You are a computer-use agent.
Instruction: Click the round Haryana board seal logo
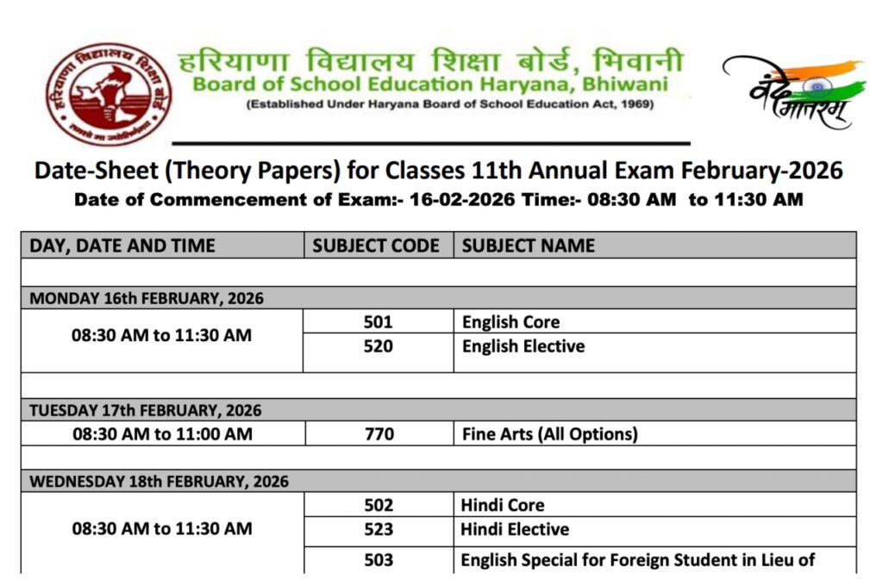click(x=110, y=94)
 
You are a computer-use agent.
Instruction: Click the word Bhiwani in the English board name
click(x=613, y=85)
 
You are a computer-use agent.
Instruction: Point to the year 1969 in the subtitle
click(x=636, y=105)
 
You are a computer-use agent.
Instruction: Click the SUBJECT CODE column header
click(x=376, y=246)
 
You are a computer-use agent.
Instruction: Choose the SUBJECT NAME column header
click(x=529, y=246)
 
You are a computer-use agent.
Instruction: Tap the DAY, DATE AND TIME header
click(x=122, y=246)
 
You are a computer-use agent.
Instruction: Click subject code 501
click(x=378, y=322)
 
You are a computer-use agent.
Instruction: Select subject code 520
click(x=378, y=346)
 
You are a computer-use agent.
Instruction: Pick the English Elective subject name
click(x=523, y=346)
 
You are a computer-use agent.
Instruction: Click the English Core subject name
click(x=511, y=322)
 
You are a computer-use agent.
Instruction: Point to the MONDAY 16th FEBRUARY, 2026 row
click(x=147, y=298)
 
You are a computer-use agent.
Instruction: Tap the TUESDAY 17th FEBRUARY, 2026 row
click(x=146, y=410)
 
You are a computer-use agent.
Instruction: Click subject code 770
click(x=378, y=434)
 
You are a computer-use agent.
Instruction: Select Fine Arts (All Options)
click(x=550, y=434)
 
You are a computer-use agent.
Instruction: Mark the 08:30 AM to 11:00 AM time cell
click(x=162, y=434)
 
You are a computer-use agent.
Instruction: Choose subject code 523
click(x=378, y=529)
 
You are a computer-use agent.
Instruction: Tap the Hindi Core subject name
click(x=503, y=505)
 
